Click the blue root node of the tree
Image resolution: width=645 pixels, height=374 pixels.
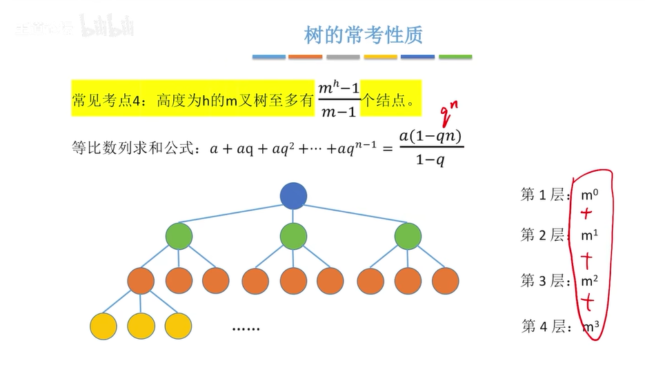pyautogui.click(x=293, y=195)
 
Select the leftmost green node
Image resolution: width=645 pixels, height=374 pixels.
pyautogui.click(x=179, y=236)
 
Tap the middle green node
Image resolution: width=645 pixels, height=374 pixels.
pyautogui.click(x=293, y=236)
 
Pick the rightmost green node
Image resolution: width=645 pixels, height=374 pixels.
pyautogui.click(x=408, y=236)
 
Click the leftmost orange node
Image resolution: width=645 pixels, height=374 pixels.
pyautogui.click(x=141, y=280)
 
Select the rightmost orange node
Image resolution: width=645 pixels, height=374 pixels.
pyautogui.click(x=446, y=280)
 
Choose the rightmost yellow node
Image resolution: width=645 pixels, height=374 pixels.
pyautogui.click(x=178, y=325)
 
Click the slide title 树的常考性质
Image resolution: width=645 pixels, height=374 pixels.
pyautogui.click(x=363, y=35)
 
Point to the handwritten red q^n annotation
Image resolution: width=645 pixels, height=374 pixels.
pyautogui.click(x=449, y=109)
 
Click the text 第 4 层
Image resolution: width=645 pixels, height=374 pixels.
pyautogui.click(x=544, y=326)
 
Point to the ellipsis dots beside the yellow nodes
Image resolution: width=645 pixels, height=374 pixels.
pyautogui.click(x=246, y=328)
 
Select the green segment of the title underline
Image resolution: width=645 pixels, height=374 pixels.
pyautogui.click(x=455, y=57)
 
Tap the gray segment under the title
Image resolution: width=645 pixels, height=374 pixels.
pyautogui.click(x=344, y=57)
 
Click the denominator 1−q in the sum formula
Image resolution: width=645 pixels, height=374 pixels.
pyautogui.click(x=430, y=160)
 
